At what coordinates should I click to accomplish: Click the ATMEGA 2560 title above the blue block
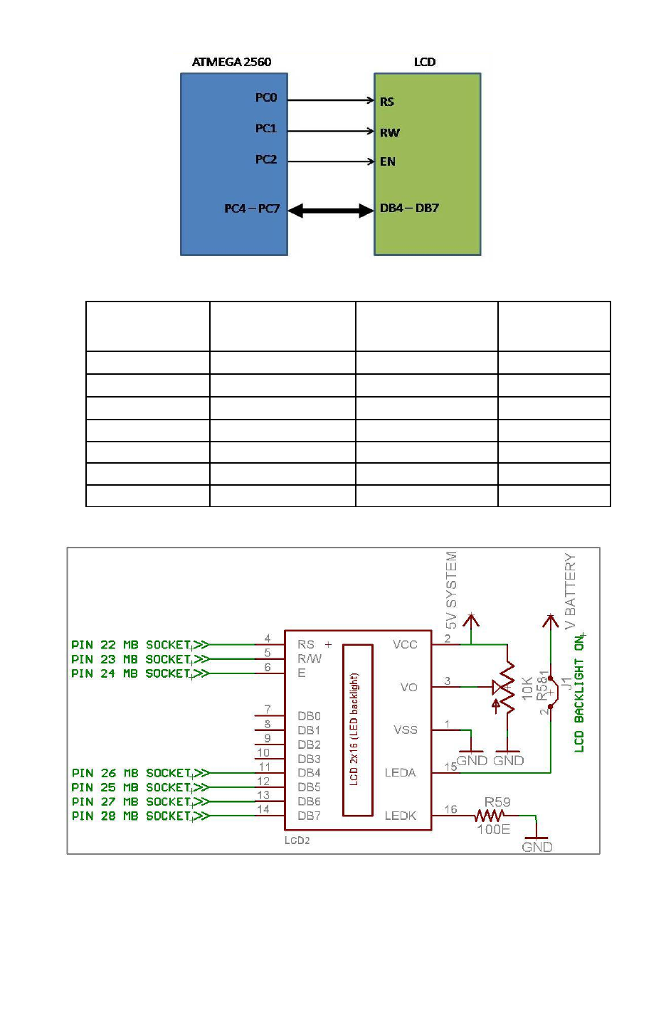tap(231, 62)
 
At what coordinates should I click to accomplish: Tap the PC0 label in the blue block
tap(265, 97)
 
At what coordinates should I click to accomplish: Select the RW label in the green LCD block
tap(389, 132)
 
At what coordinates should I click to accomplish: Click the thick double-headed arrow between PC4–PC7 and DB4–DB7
tap(331, 210)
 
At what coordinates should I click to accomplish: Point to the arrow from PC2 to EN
tap(331, 161)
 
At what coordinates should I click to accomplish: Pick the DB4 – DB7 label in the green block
tap(409, 208)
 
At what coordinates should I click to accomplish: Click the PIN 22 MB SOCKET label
tap(132, 645)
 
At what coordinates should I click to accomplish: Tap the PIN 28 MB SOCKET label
tap(132, 816)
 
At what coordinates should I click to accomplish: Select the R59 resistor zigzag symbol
tap(490, 816)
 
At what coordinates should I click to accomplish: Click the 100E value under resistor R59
tap(493, 830)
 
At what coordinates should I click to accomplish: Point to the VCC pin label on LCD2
tap(405, 644)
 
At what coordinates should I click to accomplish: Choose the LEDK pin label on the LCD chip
tap(400, 816)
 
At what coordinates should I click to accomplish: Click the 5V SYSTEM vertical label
tap(451, 590)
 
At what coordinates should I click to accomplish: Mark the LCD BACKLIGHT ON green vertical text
tap(579, 693)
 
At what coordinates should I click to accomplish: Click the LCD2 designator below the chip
tap(297, 841)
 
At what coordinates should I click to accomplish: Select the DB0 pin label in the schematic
tap(309, 716)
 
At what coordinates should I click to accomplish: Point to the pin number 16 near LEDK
tap(450, 809)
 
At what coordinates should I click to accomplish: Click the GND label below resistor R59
tap(536, 847)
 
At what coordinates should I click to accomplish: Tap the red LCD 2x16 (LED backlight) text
tap(354, 729)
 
